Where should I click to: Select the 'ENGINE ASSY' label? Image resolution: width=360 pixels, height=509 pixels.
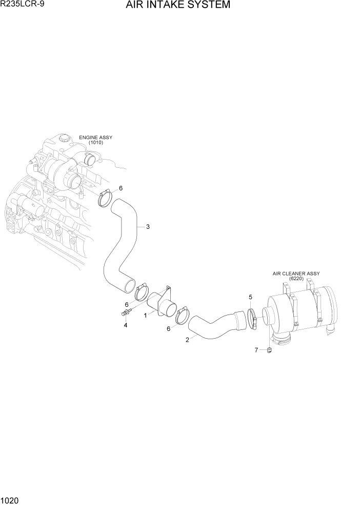pos(95,138)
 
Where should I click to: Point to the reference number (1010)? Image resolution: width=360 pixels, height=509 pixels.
pos(95,143)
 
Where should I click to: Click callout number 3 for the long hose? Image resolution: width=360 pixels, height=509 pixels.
pos(148,227)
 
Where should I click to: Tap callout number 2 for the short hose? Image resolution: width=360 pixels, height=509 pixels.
pos(187,339)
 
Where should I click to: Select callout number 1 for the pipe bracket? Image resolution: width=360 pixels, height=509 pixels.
pos(146,316)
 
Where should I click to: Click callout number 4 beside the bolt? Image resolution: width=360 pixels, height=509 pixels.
pos(125,324)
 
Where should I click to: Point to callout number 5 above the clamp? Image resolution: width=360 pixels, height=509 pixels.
pos(250,297)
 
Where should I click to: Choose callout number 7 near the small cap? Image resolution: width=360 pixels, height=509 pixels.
pos(256,350)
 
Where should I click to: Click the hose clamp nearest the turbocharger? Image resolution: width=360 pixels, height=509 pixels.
pos(105,198)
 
